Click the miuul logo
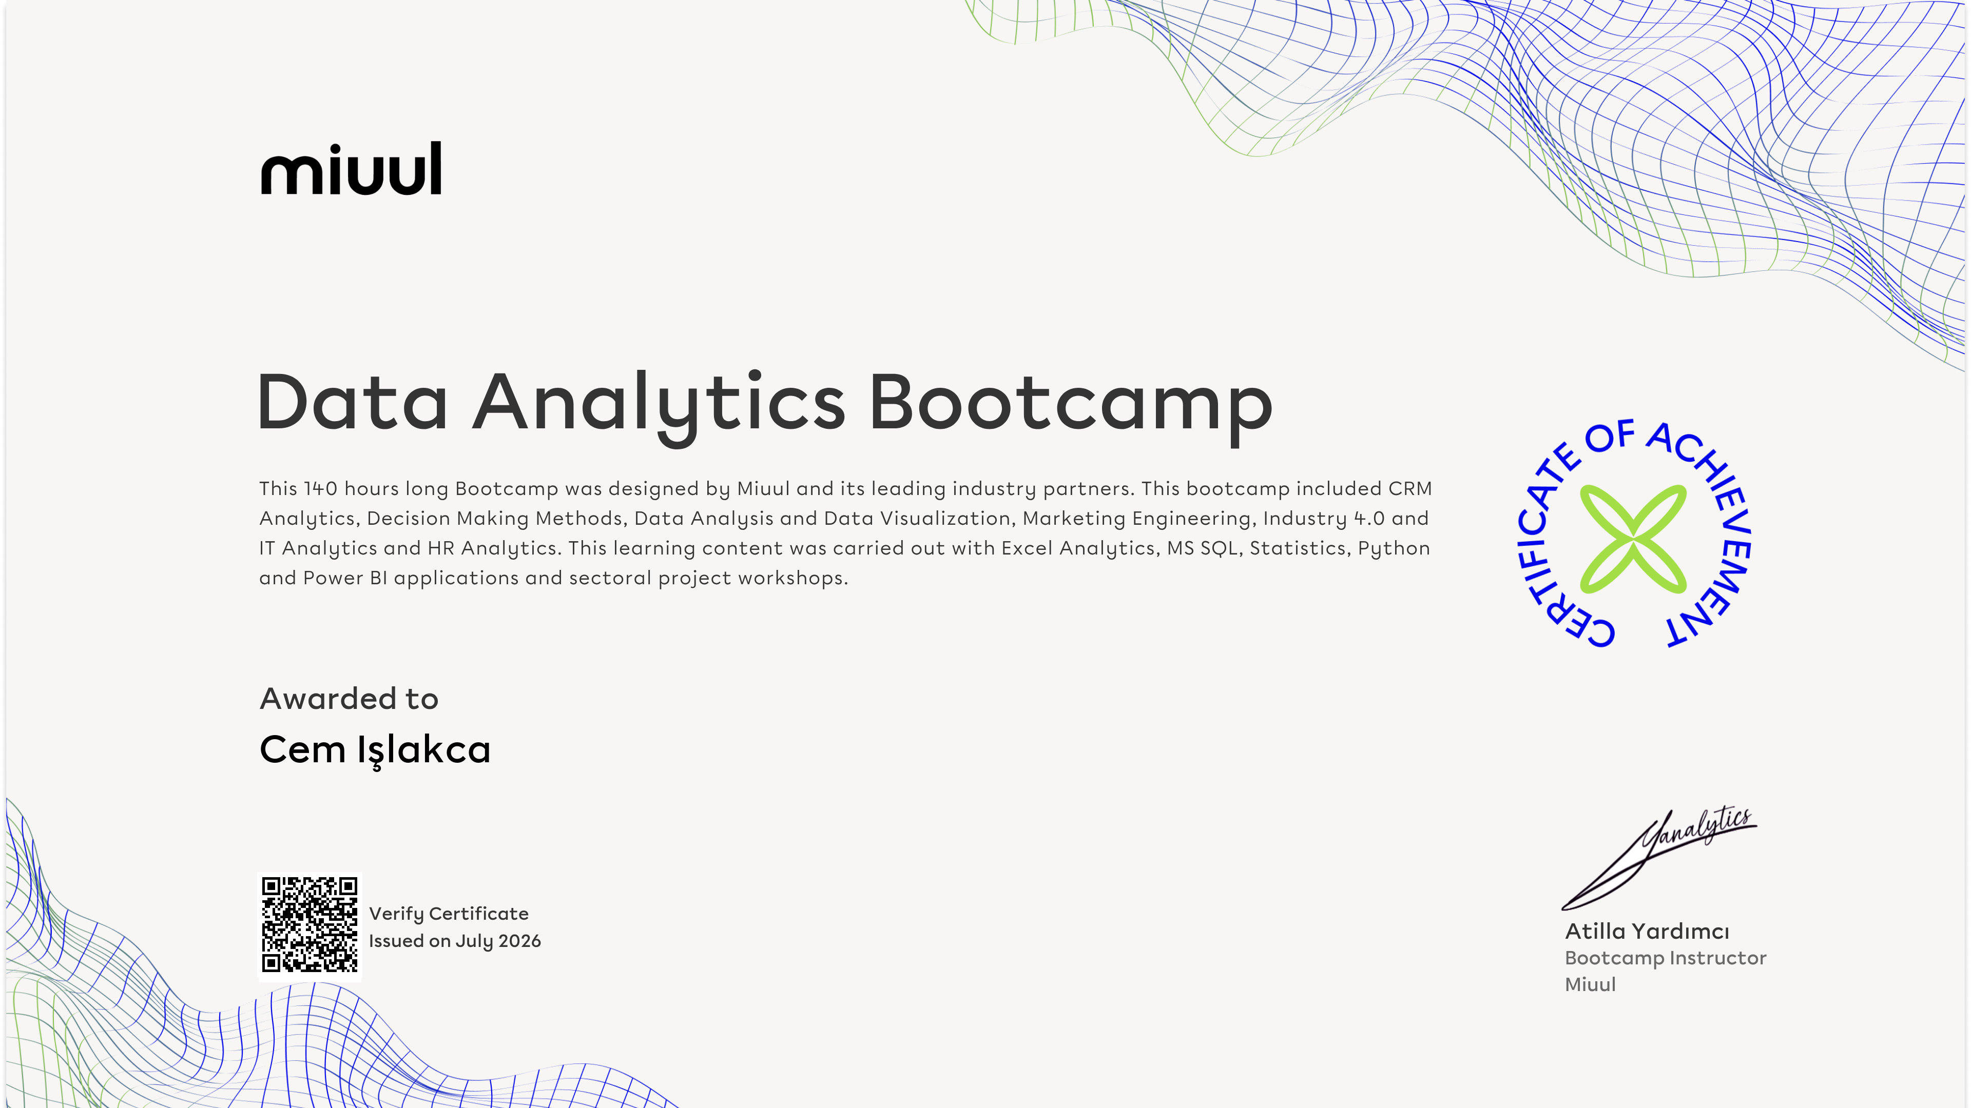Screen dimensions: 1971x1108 [351, 168]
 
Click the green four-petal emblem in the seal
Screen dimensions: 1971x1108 [1633, 538]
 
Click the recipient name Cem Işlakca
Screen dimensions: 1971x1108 [375, 749]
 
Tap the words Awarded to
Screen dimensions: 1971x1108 [349, 699]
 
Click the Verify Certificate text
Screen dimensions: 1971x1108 [449, 914]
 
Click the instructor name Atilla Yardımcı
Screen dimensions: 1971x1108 [1647, 932]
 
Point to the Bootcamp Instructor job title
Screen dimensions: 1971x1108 [1665, 958]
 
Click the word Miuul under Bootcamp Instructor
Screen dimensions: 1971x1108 [1590, 984]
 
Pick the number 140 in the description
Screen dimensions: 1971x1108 [321, 489]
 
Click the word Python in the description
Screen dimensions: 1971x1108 [1394, 549]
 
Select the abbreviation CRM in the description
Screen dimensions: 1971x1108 [1410, 489]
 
